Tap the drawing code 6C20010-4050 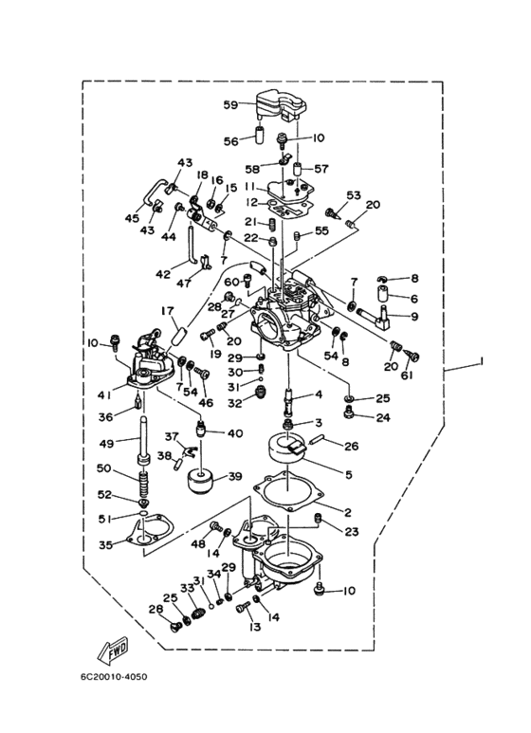(x=113, y=676)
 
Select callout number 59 (x=231, y=105)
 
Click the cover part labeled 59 (x=278, y=105)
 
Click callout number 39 (x=234, y=476)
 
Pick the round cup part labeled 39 (x=201, y=482)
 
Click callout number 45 (x=132, y=218)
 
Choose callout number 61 (x=406, y=375)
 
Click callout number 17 (x=167, y=311)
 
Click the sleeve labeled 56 (x=259, y=134)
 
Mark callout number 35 (x=106, y=544)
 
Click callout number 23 (x=352, y=532)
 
